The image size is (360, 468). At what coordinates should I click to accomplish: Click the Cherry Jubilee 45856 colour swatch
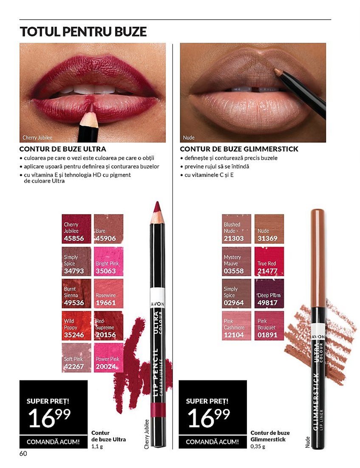pos(77,229)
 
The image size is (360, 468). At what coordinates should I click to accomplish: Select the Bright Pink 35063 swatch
pos(108,261)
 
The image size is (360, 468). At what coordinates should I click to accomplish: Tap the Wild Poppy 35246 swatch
pos(77,325)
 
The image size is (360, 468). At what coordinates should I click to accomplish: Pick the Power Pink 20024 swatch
pos(108,357)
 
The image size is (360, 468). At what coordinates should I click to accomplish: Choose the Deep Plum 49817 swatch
pos(269,294)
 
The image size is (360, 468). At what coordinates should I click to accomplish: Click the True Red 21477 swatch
pos(269,261)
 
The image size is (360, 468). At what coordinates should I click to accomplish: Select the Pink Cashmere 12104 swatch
pos(236,325)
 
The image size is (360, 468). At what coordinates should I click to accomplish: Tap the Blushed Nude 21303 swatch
pos(236,229)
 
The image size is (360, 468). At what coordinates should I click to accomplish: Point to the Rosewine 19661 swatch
pos(108,294)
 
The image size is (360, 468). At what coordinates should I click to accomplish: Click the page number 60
pos(23,454)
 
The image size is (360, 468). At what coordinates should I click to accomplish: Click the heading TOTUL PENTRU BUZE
pos(83,31)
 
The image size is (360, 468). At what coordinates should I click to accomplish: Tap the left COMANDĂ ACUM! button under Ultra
pos(54,442)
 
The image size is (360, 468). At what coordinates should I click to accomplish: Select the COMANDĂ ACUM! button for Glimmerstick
pos(213,442)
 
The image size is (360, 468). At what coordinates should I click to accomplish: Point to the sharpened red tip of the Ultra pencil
pos(157,206)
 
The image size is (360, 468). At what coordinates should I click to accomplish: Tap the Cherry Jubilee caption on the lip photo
pos(37,137)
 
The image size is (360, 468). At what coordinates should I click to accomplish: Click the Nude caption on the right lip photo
pos(188,137)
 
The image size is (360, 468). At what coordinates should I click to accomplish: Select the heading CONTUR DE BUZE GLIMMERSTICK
pos(239,148)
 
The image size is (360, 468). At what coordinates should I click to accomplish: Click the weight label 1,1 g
pos(97,446)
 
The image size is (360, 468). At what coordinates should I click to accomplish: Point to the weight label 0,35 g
pos(258,446)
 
